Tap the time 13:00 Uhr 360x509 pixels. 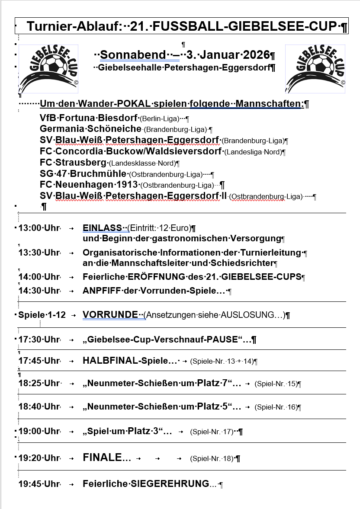click(x=39, y=228)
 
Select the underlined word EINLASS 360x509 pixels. click(x=102, y=228)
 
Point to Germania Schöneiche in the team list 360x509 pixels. click(x=90, y=129)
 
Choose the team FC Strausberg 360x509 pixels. click(x=73, y=163)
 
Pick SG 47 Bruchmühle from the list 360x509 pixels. click(x=84, y=174)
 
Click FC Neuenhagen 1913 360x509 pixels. click(x=89, y=185)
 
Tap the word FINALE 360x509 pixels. click(x=107, y=458)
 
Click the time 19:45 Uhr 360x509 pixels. click(x=39, y=484)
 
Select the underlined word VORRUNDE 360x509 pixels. click(x=110, y=315)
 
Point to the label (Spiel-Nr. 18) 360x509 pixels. click(x=212, y=458)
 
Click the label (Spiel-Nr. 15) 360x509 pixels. click(x=276, y=384)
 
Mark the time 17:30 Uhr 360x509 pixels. click(x=39, y=339)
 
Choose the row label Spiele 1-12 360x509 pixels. click(x=42, y=315)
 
